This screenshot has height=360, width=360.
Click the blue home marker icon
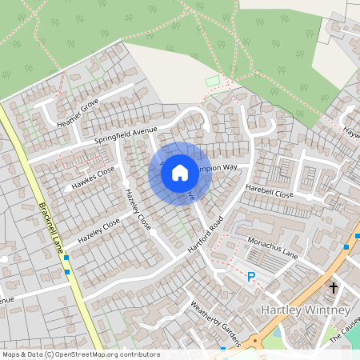pyautogui.click(x=180, y=172)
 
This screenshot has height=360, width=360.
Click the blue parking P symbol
pyautogui.click(x=251, y=277)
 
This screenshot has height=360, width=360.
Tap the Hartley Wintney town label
pyautogui.click(x=306, y=310)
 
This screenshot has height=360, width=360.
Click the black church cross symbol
pyautogui.click(x=334, y=286)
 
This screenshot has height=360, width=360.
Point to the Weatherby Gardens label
pyautogui.click(x=215, y=322)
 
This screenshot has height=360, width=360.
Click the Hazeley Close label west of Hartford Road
pyautogui.click(x=99, y=231)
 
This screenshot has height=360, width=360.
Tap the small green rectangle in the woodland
pyautogui.click(x=212, y=81)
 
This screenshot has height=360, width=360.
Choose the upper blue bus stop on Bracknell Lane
pyautogui.click(x=66, y=258)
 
